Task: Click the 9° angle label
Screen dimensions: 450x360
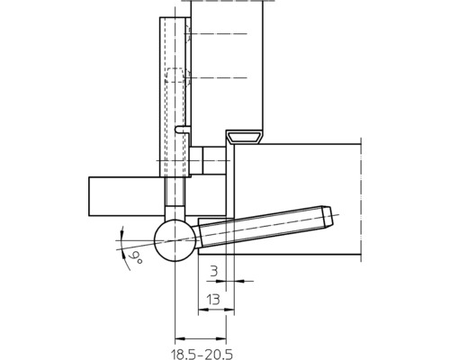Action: tap(136, 258)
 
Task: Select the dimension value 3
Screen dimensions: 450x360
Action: tap(213, 272)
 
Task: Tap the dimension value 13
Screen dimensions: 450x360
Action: tap(213, 300)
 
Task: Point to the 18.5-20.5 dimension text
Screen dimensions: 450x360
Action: tap(202, 355)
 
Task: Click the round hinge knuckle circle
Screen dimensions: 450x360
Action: tap(175, 240)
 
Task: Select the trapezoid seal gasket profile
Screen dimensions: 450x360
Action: tap(244, 137)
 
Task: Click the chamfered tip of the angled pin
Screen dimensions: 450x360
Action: tap(328, 216)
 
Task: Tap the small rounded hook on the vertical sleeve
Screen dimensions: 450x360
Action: tap(182, 129)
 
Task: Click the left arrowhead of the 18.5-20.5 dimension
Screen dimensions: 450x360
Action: tap(180, 339)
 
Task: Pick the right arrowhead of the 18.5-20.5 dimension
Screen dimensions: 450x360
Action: tap(221, 339)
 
